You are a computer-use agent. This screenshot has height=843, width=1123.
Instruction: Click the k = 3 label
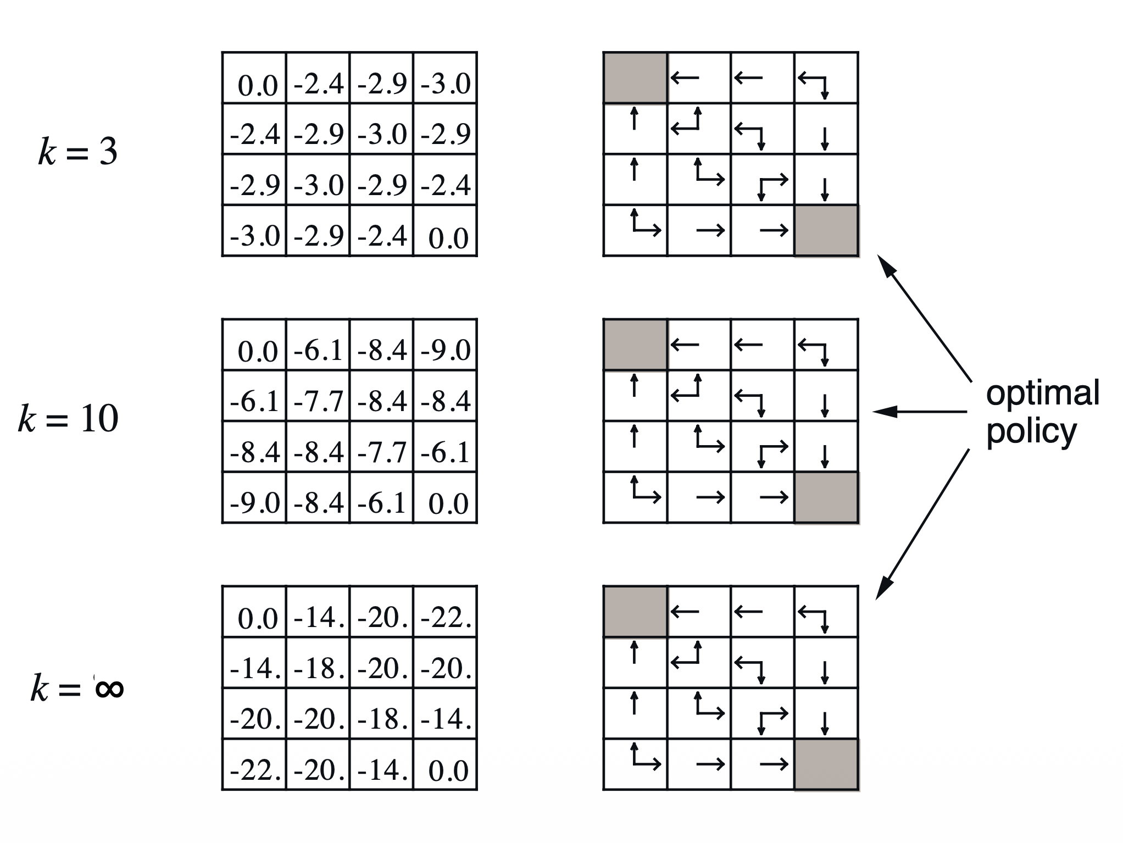77,152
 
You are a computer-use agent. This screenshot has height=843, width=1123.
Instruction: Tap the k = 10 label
68,419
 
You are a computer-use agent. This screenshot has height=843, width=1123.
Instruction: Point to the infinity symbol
109,688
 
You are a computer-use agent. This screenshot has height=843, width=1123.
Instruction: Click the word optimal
1042,393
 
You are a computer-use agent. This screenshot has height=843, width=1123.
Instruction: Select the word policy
1031,432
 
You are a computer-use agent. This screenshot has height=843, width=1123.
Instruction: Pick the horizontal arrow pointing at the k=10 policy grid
920,411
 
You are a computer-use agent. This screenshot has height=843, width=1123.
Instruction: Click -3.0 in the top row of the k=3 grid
446,84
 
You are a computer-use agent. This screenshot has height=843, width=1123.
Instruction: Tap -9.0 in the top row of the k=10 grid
446,350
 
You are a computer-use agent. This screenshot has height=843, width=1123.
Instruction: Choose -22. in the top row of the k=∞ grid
446,617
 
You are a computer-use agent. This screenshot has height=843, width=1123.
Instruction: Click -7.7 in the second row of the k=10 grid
318,401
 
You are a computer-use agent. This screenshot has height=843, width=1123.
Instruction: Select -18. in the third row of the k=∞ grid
382,719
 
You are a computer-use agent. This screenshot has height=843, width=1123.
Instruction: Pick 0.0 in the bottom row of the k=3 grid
448,238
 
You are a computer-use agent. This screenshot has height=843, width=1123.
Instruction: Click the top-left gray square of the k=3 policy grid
635,77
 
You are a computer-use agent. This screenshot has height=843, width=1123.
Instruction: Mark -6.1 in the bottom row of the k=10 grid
382,503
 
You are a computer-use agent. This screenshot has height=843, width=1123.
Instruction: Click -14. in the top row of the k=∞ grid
318,617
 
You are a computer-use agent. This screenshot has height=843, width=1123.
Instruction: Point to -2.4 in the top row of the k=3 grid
318,84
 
